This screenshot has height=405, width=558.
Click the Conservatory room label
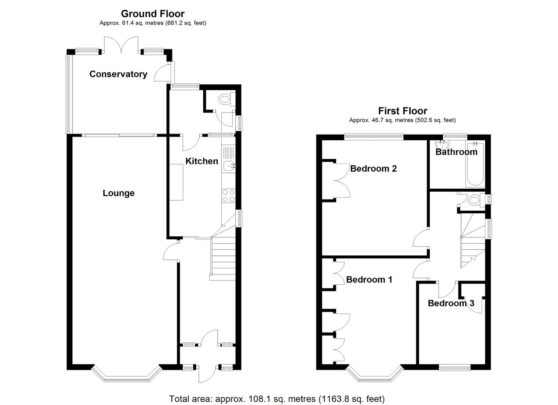(x=118, y=74)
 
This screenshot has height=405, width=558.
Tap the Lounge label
(x=119, y=193)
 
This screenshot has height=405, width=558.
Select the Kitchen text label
(x=202, y=161)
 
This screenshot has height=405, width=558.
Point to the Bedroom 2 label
(x=374, y=169)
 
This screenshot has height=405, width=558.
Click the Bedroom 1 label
(x=369, y=280)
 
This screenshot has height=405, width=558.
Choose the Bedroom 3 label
(x=451, y=303)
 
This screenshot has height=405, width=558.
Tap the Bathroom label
(x=457, y=151)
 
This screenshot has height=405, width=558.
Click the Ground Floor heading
(x=153, y=13)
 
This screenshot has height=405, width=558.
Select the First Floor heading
(x=402, y=111)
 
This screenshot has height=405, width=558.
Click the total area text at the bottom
(x=277, y=392)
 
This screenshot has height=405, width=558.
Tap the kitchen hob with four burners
(x=228, y=195)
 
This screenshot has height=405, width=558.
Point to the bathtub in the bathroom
(x=475, y=165)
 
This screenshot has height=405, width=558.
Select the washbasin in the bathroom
(x=442, y=144)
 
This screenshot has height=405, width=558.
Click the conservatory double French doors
(x=121, y=45)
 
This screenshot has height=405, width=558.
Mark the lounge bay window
(x=127, y=373)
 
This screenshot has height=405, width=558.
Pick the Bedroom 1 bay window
(x=374, y=373)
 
